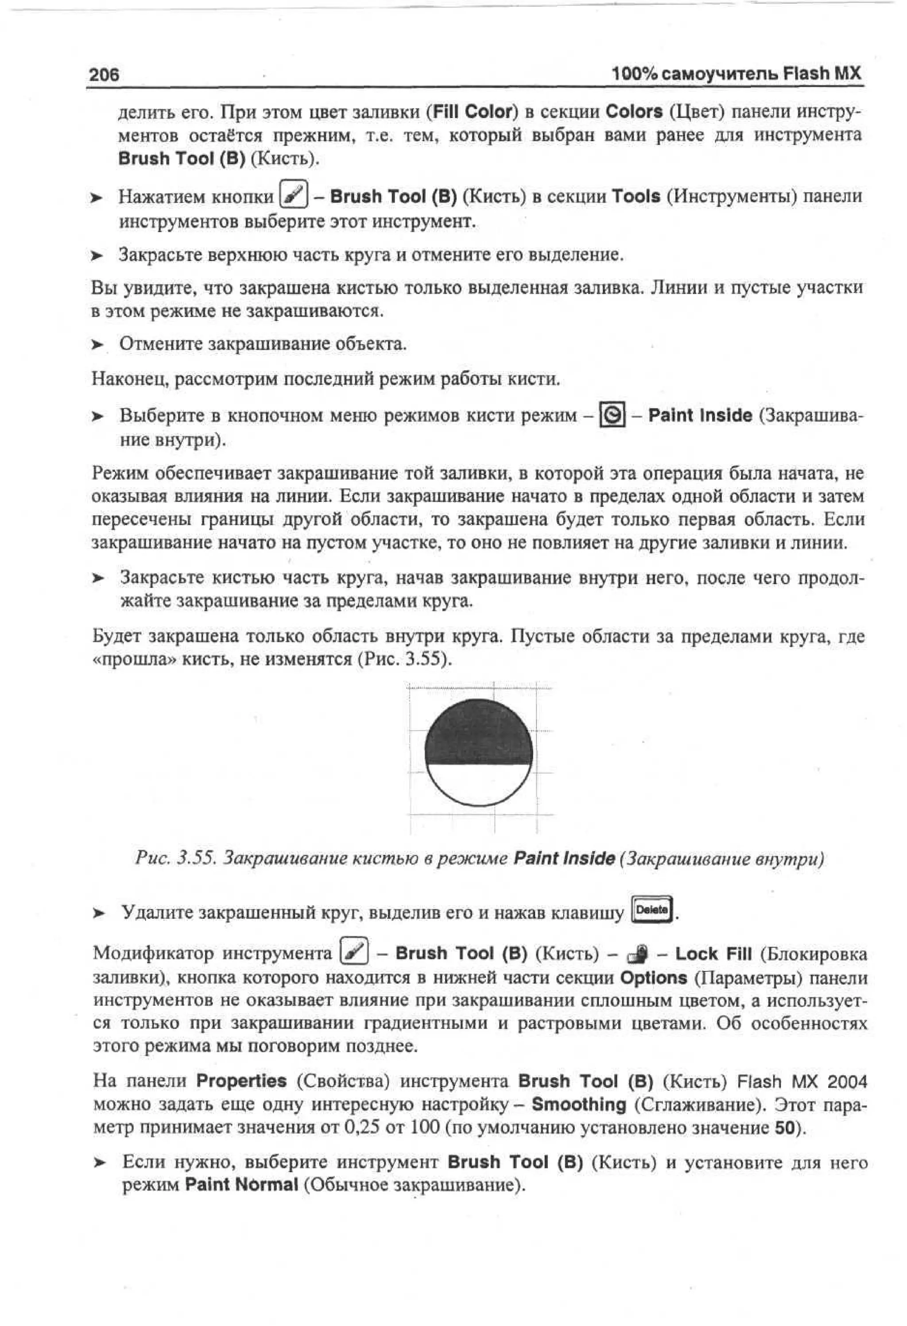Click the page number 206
105,74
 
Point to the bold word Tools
636,196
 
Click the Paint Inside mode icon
612,415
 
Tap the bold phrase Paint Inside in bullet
700,415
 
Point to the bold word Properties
241,1081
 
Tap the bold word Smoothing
578,1104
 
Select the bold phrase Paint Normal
241,1185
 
